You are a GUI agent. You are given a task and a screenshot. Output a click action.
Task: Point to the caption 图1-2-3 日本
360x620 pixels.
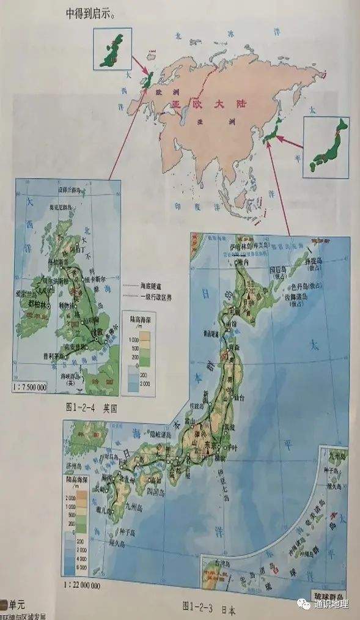point(208,608)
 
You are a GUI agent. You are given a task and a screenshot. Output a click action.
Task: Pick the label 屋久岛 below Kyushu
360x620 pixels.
point(117,543)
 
